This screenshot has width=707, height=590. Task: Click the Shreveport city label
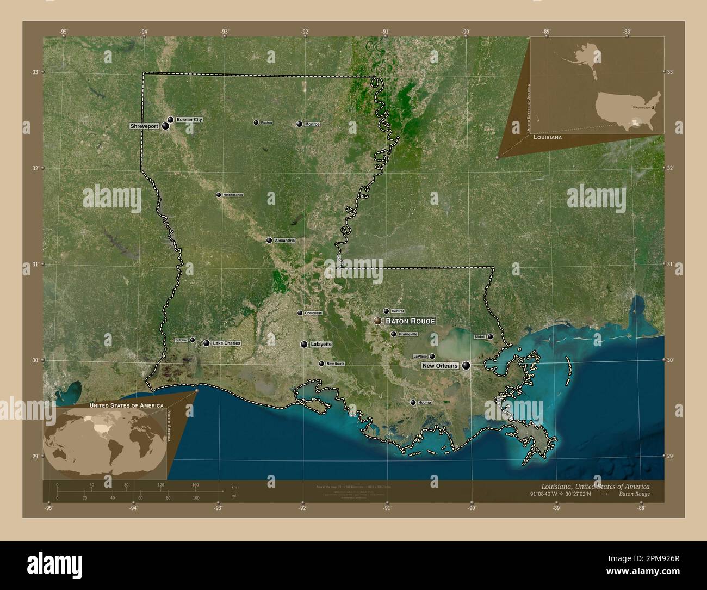tap(144, 126)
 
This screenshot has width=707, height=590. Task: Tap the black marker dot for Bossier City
tap(170, 119)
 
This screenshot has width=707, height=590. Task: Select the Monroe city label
tap(312, 124)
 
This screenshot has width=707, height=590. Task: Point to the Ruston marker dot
tap(256, 122)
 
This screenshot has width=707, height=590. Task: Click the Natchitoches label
tap(233, 195)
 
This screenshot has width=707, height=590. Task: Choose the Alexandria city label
tap(285, 240)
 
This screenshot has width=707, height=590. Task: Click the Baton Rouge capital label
tap(410, 321)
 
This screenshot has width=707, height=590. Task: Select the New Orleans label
tap(440, 366)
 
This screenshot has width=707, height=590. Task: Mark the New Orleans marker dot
tap(466, 366)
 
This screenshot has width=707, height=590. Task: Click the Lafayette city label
tap(321, 345)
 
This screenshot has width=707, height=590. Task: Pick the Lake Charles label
tap(226, 343)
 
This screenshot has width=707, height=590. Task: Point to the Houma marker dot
tap(413, 402)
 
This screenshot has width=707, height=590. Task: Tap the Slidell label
tap(480, 337)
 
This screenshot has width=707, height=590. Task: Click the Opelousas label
tap(313, 313)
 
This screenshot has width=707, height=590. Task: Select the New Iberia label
tap(335, 364)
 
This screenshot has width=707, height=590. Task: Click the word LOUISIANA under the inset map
tap(548, 138)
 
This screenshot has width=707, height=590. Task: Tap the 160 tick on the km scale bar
tap(195, 484)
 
